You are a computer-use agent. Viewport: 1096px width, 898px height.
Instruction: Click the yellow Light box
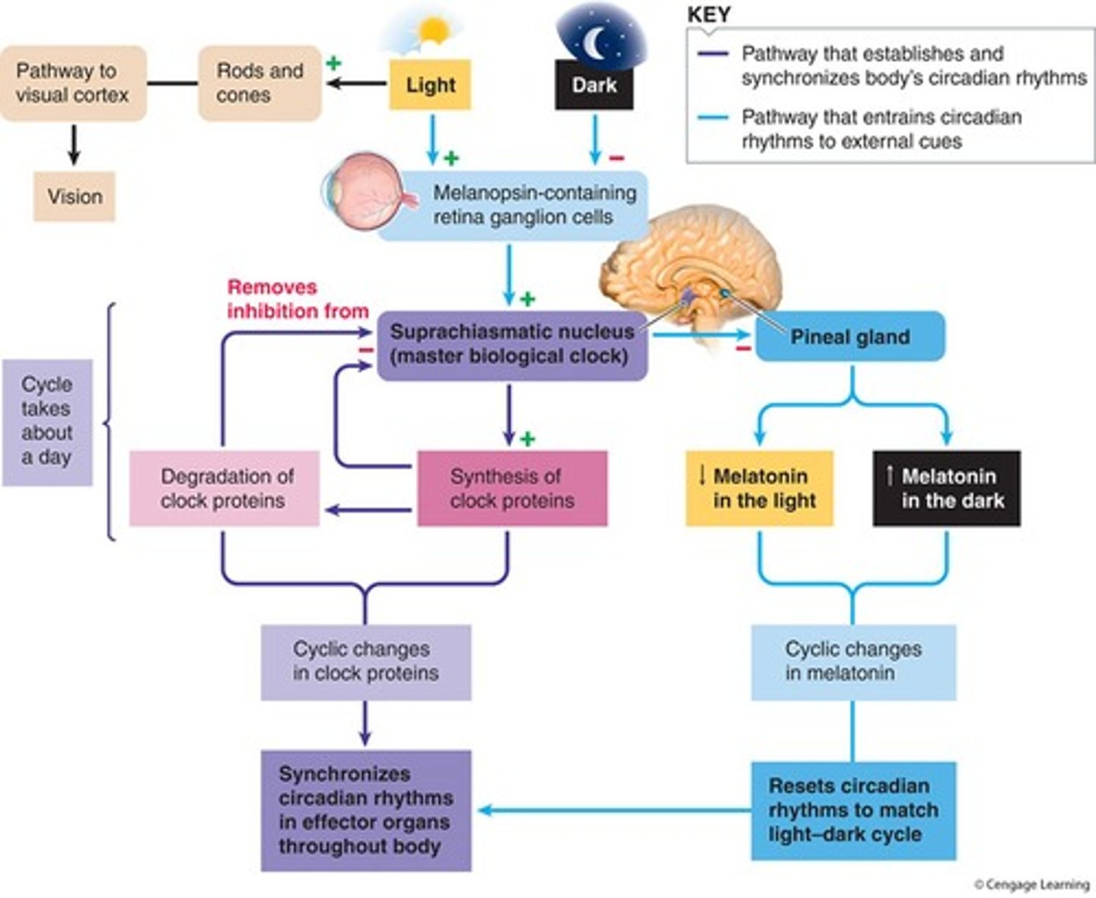[x=430, y=84]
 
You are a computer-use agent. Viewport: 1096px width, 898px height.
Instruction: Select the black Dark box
[x=594, y=84]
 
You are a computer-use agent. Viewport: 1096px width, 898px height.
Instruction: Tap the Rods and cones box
[x=260, y=83]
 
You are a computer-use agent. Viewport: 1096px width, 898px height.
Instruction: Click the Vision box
[x=74, y=196]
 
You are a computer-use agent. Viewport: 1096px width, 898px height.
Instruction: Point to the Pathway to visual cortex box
[x=72, y=83]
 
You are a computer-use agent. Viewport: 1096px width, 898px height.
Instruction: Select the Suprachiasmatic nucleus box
[x=512, y=345]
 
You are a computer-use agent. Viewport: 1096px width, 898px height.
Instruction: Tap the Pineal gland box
[x=849, y=336]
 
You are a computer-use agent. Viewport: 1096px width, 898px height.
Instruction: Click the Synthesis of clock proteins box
[x=512, y=488]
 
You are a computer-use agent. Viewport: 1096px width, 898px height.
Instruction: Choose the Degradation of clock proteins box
[x=225, y=488]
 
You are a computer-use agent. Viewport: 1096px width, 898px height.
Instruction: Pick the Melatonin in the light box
[x=759, y=488]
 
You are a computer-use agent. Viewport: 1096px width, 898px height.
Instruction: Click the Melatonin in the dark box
[x=946, y=488]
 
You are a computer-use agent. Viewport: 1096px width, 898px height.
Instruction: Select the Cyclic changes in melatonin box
[x=852, y=661]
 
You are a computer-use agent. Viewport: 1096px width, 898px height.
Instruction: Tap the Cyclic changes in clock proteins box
[x=365, y=661]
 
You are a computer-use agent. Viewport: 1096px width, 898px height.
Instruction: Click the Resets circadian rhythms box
[x=852, y=810]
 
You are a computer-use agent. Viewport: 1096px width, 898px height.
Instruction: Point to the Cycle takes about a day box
[x=47, y=422]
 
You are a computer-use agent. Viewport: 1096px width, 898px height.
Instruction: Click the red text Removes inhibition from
[x=297, y=299]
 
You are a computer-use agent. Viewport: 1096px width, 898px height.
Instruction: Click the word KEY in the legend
[x=708, y=14]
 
